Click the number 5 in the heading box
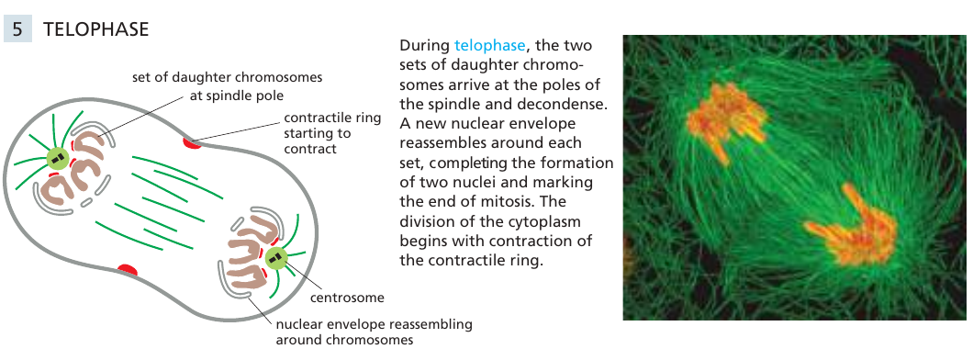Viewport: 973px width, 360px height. (x=17, y=28)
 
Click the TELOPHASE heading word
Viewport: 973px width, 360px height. (x=96, y=29)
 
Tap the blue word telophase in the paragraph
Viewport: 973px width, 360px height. (x=489, y=46)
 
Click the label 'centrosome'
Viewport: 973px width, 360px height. (x=347, y=298)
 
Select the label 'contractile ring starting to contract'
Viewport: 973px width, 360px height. (x=332, y=133)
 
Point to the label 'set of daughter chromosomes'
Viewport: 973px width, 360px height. (x=227, y=77)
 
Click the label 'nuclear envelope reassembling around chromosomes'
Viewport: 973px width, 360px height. (x=374, y=332)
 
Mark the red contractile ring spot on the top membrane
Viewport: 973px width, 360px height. (x=192, y=143)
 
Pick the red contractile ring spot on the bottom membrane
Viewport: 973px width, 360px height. (x=128, y=269)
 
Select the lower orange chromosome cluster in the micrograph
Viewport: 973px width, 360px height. (x=856, y=227)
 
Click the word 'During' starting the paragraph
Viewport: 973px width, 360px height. (x=424, y=46)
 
